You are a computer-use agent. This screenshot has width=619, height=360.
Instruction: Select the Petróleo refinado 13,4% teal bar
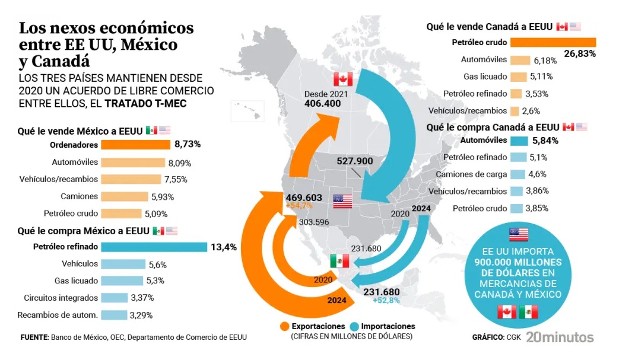pos(154,247)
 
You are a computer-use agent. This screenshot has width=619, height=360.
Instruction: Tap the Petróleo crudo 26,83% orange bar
pos(553,42)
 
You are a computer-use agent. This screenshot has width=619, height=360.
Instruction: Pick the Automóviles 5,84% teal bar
pos(519,141)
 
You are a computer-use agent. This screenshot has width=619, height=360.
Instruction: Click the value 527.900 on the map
pos(354,161)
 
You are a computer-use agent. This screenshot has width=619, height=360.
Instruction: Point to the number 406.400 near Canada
pos(322,103)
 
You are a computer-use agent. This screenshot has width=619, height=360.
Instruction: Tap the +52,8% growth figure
pos(385,301)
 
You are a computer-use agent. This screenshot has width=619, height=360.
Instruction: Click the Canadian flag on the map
pos(343,79)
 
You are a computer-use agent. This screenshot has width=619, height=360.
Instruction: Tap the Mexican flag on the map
pos(339,260)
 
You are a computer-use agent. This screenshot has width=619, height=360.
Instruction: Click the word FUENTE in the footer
pos(34,337)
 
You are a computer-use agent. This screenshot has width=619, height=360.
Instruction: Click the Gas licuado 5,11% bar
pos(518,77)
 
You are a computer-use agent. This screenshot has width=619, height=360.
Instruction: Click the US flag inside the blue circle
pos(518,234)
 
